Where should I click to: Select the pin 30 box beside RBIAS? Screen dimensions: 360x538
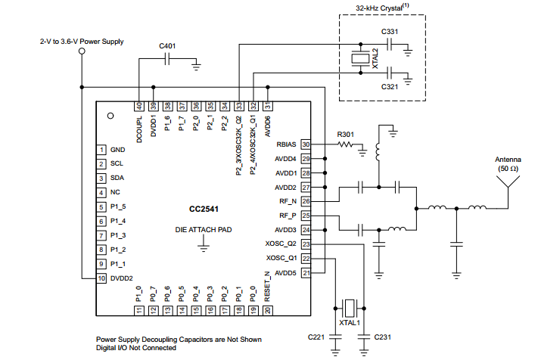[x=306, y=144]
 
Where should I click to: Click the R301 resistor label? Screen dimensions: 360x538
[x=346, y=135]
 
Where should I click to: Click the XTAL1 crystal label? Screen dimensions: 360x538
[x=350, y=323]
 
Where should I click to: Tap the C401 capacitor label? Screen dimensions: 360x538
[x=167, y=47]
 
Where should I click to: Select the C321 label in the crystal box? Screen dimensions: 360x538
[x=390, y=87]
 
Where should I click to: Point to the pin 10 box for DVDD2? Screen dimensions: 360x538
[x=100, y=278]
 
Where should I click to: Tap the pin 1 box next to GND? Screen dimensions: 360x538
[x=100, y=150]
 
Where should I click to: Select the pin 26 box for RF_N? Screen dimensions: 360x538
[x=306, y=201]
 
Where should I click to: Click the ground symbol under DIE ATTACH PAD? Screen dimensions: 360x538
[x=204, y=244]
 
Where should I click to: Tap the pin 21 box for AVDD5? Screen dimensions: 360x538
[x=306, y=272]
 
